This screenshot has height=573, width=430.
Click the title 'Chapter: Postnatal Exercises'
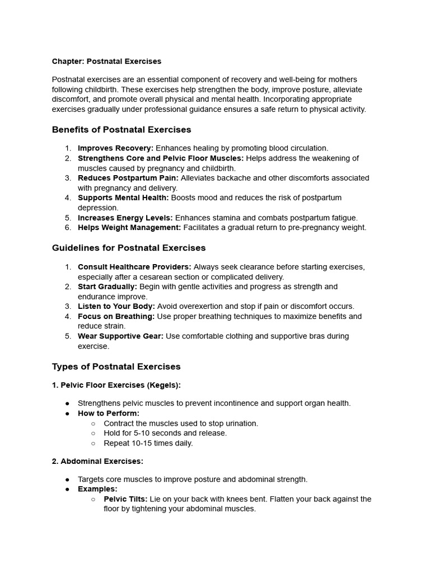(x=106, y=61)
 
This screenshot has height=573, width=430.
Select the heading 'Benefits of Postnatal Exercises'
(x=121, y=130)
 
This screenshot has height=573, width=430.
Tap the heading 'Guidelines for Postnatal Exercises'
(x=129, y=248)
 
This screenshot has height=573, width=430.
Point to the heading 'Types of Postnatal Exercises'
(x=116, y=367)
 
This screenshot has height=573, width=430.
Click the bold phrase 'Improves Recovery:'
(x=115, y=148)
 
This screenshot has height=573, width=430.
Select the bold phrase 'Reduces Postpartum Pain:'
(x=128, y=178)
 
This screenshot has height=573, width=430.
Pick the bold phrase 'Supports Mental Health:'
(x=123, y=198)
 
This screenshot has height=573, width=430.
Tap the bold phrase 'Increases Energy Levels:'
(x=125, y=218)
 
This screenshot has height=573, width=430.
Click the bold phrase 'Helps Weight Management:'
(x=129, y=228)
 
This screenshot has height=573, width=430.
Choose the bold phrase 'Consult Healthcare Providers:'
(x=134, y=267)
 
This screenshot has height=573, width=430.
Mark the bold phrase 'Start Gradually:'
(x=107, y=286)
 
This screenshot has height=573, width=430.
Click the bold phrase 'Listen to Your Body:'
(x=116, y=307)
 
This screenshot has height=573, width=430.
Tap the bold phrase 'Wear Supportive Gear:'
(x=120, y=336)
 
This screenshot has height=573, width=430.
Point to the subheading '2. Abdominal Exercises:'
(x=97, y=461)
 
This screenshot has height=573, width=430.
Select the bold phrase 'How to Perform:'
(x=109, y=414)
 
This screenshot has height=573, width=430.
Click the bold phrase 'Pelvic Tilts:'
(x=126, y=499)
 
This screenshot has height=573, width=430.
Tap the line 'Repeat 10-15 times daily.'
(x=148, y=443)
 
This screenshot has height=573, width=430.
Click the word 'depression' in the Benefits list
(x=97, y=208)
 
